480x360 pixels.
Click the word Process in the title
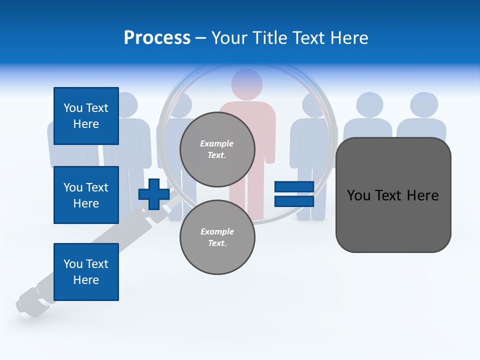[x=157, y=38]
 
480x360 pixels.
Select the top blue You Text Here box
[x=86, y=116]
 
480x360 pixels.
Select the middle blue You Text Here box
[x=86, y=195]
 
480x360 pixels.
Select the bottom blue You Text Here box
[x=86, y=272]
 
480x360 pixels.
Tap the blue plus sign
[x=154, y=194]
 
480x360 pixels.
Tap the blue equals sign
[x=294, y=194]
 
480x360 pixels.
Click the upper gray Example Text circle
[x=217, y=149]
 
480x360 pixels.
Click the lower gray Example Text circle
[x=217, y=237]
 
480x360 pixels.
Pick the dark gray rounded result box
[x=393, y=195]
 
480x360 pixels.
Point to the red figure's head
[x=247, y=83]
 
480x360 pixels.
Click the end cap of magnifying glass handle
[x=24, y=304]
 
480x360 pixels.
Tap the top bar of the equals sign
[x=294, y=186]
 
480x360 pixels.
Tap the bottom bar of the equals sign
[x=294, y=201]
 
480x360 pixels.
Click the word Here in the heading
[x=349, y=38]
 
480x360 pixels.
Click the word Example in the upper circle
[x=216, y=143]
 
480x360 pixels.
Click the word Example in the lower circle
[x=217, y=231]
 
